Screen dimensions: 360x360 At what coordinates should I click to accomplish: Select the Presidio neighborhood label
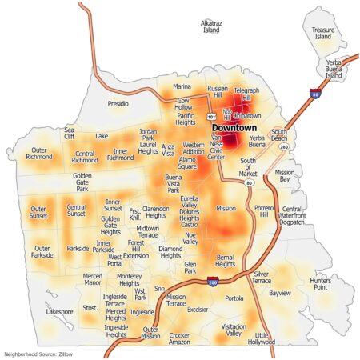(118, 104)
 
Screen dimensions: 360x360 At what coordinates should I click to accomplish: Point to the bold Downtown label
(234, 128)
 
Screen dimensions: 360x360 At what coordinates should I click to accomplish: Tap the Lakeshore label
(59, 311)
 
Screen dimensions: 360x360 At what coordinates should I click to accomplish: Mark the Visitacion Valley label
(234, 330)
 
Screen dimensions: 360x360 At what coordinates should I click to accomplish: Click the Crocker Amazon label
(179, 338)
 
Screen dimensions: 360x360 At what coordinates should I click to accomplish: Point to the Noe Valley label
(190, 238)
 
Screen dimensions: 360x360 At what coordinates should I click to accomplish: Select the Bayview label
(280, 294)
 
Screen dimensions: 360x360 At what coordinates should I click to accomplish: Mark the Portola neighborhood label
(234, 298)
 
